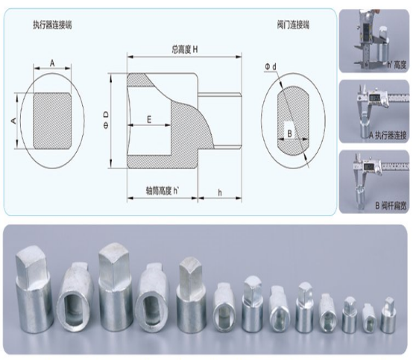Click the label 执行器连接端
click(x=53, y=25)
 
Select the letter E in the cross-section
click(x=149, y=119)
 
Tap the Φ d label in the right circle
click(x=270, y=68)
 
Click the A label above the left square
click(x=53, y=64)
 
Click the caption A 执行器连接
click(x=382, y=134)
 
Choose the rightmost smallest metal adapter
click(x=387, y=315)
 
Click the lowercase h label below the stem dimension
click(x=218, y=191)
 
